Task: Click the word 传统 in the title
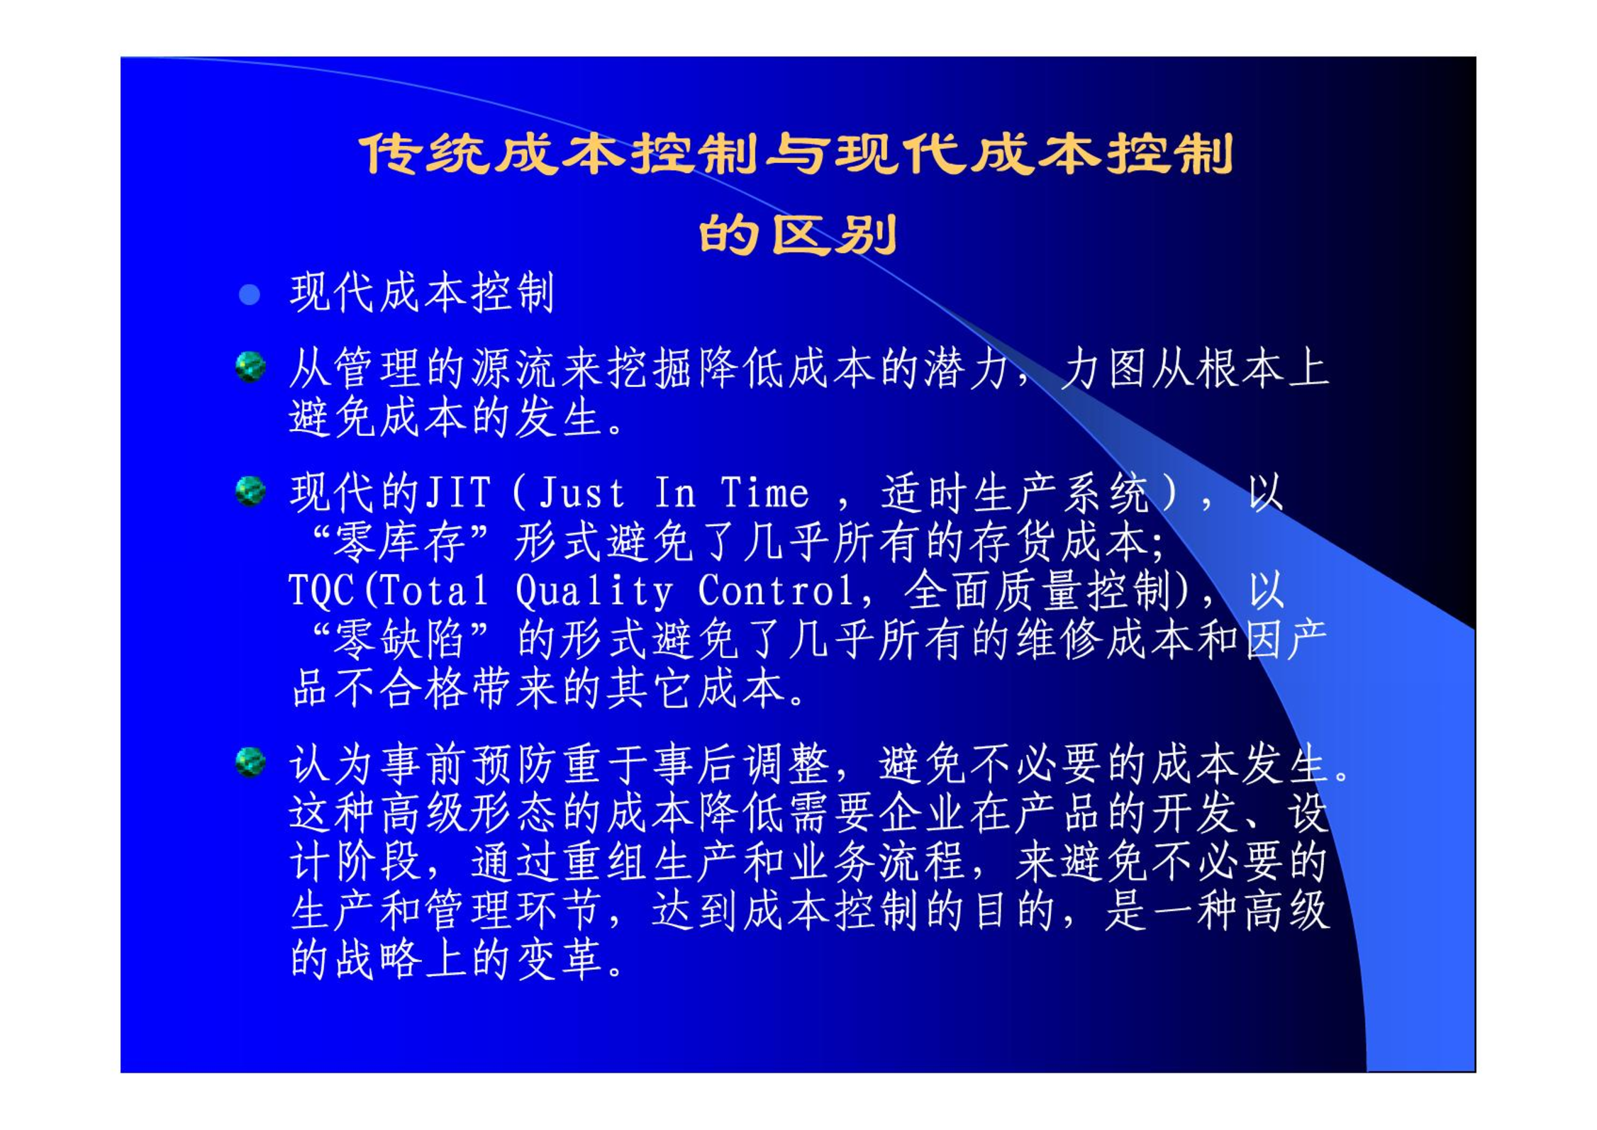425,154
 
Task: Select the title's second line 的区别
798,235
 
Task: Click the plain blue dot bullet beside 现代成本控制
250,294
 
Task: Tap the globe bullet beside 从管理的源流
250,367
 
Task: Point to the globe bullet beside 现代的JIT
250,491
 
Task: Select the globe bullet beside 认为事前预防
250,762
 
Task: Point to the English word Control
777,590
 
